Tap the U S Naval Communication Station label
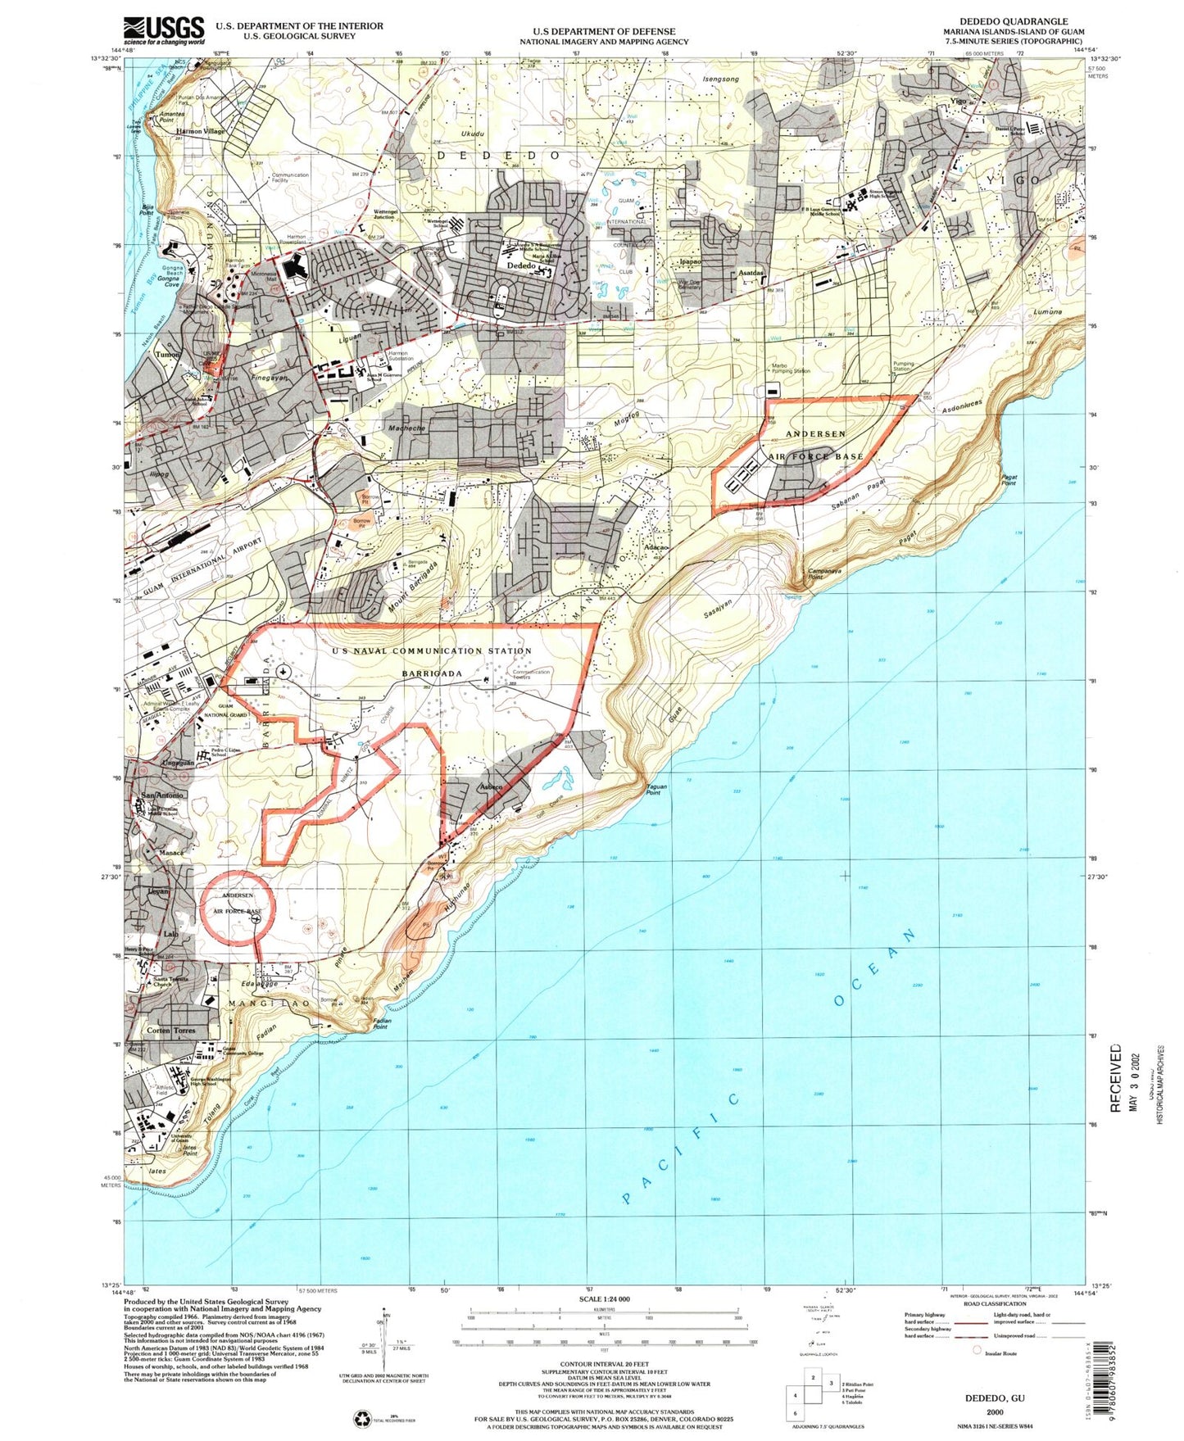pyautogui.click(x=432, y=651)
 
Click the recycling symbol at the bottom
pyautogui.click(x=361, y=1418)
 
